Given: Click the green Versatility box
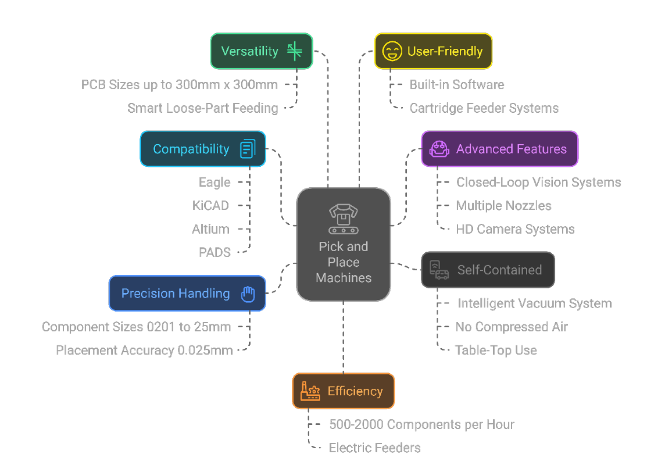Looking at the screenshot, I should coord(261,51).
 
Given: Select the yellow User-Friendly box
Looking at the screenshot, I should coord(433,51).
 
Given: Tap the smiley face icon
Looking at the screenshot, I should coord(392,51).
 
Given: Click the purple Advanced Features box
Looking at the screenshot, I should coord(499,149).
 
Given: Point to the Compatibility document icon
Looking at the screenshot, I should coord(248,149).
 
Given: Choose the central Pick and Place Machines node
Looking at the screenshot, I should coord(343,245).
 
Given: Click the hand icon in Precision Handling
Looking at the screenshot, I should coord(248,294).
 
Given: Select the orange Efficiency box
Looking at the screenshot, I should coord(343,391).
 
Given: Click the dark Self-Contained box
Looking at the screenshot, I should coord(488,270).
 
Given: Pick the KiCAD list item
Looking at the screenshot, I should coord(210,206).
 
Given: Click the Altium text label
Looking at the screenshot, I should coord(210,229).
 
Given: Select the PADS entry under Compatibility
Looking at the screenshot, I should coord(215,252).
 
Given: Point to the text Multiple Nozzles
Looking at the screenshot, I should coord(503,206).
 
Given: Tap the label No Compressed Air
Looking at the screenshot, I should coord(512,327).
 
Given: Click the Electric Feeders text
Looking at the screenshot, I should coord(374,448).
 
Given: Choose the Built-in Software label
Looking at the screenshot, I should coord(456,85).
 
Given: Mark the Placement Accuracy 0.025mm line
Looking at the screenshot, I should coord(144,351).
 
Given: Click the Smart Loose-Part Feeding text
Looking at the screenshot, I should coord(202,108).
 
